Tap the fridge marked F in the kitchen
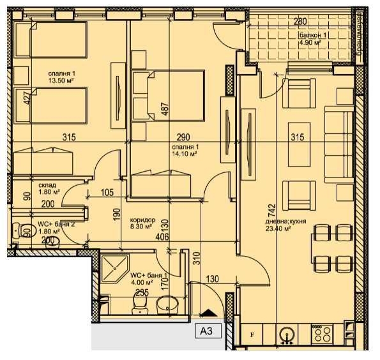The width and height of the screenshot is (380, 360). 252,334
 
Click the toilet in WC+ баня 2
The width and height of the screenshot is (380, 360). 26,231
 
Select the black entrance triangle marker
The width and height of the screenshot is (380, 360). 207,313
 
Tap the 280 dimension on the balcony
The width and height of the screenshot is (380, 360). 300,21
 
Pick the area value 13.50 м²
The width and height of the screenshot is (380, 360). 63,81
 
